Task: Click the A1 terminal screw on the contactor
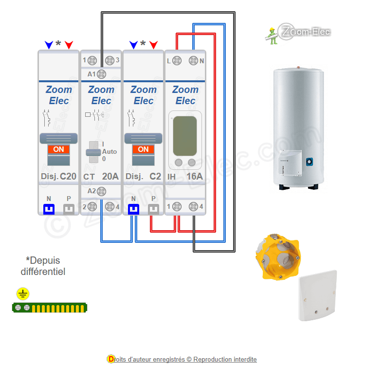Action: point(102,74)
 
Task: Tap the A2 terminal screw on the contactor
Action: point(102,191)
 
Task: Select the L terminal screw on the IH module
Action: point(177,61)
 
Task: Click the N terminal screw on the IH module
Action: point(193,61)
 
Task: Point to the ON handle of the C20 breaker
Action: point(58,149)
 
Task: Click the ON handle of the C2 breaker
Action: point(143,149)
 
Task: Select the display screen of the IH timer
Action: point(185,135)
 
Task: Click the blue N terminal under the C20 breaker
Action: point(49,209)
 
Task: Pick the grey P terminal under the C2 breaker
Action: point(153,209)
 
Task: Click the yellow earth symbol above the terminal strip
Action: point(23,293)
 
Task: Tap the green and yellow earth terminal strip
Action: point(50,308)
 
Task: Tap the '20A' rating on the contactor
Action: point(110,176)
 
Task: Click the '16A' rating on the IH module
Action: point(195,176)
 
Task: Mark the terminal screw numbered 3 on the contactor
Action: point(109,61)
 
